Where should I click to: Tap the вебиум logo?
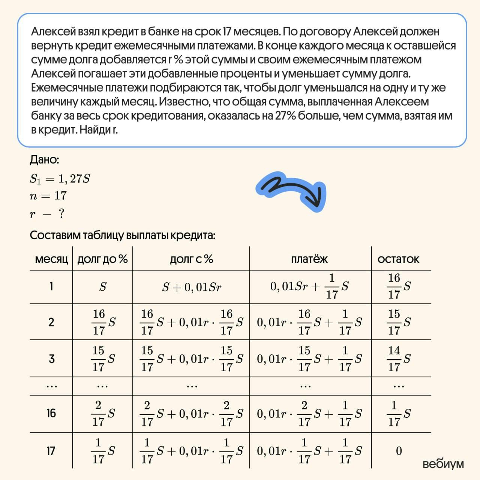click(x=443, y=464)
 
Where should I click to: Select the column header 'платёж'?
click(x=309, y=259)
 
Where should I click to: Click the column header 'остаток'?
click(x=398, y=259)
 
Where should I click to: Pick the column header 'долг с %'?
click(x=191, y=259)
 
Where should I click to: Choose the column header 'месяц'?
click(x=51, y=259)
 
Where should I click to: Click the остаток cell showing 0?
click(x=399, y=451)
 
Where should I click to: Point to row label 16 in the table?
click(x=51, y=413)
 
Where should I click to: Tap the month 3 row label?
click(x=51, y=359)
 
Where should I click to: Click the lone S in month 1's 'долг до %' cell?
click(x=103, y=287)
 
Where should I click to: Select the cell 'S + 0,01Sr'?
click(x=192, y=287)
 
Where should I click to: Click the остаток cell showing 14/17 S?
click(x=399, y=359)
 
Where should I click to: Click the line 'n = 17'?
click(x=48, y=196)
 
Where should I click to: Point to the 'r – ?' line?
click(x=47, y=214)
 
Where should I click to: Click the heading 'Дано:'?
click(x=44, y=160)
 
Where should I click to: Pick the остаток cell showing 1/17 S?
click(x=399, y=413)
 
